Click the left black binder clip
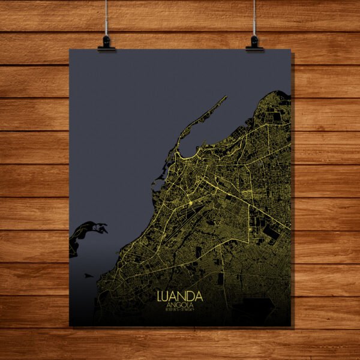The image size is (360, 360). (x=106, y=43)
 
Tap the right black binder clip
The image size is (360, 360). (x=254, y=43)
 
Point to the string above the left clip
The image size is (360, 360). (x=106, y=18)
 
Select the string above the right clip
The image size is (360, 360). (x=254, y=18)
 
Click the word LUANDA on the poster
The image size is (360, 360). (x=179, y=296)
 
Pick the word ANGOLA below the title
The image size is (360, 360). (x=179, y=305)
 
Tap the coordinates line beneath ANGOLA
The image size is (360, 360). (x=179, y=310)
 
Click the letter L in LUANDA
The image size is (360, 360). (x=160, y=296)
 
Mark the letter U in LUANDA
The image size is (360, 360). (x=167, y=296)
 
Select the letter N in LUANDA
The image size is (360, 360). (x=182, y=296)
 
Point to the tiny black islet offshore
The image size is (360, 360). (x=89, y=275)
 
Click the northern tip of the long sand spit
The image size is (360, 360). (x=226, y=97)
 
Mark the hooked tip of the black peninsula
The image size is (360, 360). (x=104, y=228)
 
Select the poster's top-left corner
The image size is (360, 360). (x=70, y=49)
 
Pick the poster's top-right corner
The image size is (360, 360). (x=291, y=50)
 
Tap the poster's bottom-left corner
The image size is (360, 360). (x=70, y=326)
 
